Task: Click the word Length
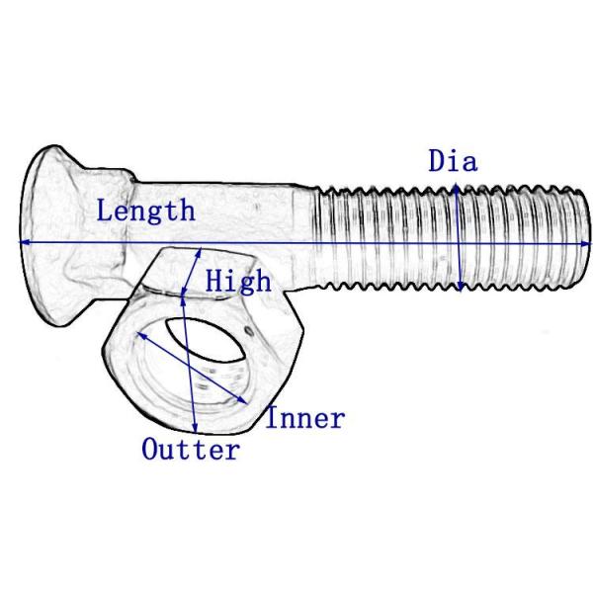[145, 211]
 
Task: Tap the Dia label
[453, 161]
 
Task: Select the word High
[237, 281]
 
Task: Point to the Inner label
[305, 418]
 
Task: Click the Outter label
[191, 451]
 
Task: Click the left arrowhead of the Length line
[23, 241]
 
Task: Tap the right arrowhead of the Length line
[587, 241]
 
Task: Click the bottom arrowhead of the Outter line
[196, 431]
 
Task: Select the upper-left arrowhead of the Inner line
[136, 332]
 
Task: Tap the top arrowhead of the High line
[201, 251]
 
